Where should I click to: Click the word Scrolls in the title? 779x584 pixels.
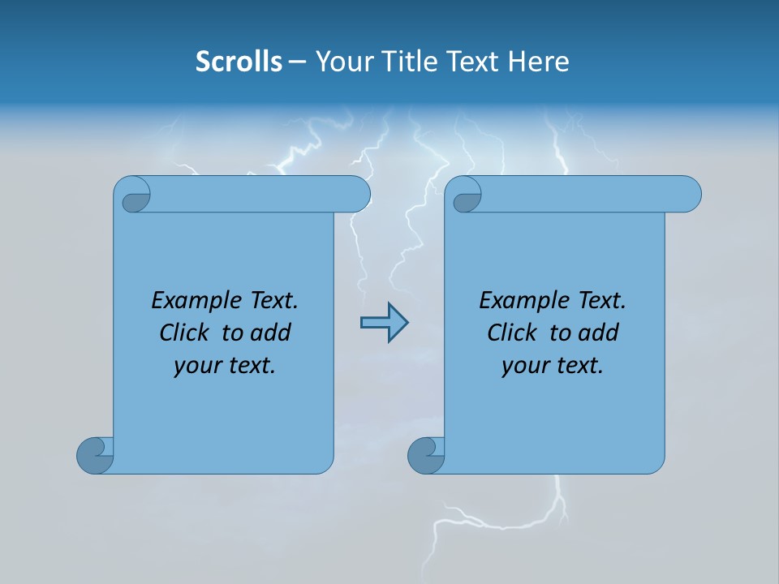[x=239, y=62]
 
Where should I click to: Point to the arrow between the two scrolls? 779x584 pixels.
[x=384, y=323]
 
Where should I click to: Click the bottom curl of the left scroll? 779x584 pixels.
[x=94, y=455]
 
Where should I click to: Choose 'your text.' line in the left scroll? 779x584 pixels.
[x=225, y=366]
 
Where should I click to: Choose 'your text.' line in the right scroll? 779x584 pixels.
[x=553, y=366]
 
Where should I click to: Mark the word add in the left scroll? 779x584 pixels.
[x=271, y=333]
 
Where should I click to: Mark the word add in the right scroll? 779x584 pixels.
[x=599, y=333]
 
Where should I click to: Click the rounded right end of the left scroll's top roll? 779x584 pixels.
[x=357, y=194]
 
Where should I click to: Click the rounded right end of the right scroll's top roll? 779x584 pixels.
[x=688, y=194]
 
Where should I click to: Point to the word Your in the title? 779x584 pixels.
[x=341, y=62]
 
